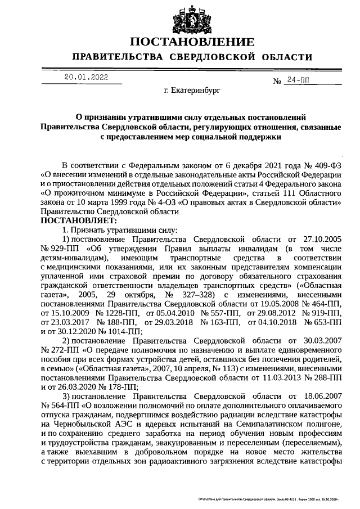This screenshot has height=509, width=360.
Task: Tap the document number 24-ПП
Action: click(298, 80)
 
